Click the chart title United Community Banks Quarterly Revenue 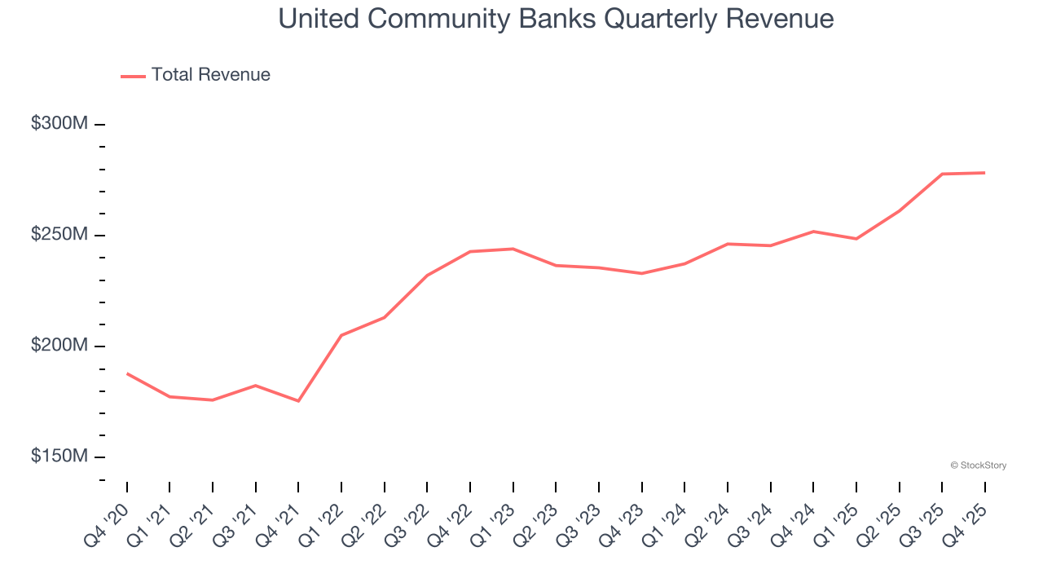(556, 19)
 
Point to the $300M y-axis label (59, 124)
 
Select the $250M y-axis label (59, 235)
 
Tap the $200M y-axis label (59, 346)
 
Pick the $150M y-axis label (59, 457)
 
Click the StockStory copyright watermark (978, 466)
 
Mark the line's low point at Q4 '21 (298, 401)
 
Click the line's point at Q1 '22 (341, 335)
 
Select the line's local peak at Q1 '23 (513, 249)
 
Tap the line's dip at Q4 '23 (641, 273)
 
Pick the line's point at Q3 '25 (942, 174)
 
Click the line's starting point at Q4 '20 (127, 373)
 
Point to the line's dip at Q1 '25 (856, 239)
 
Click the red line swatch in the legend (133, 76)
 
